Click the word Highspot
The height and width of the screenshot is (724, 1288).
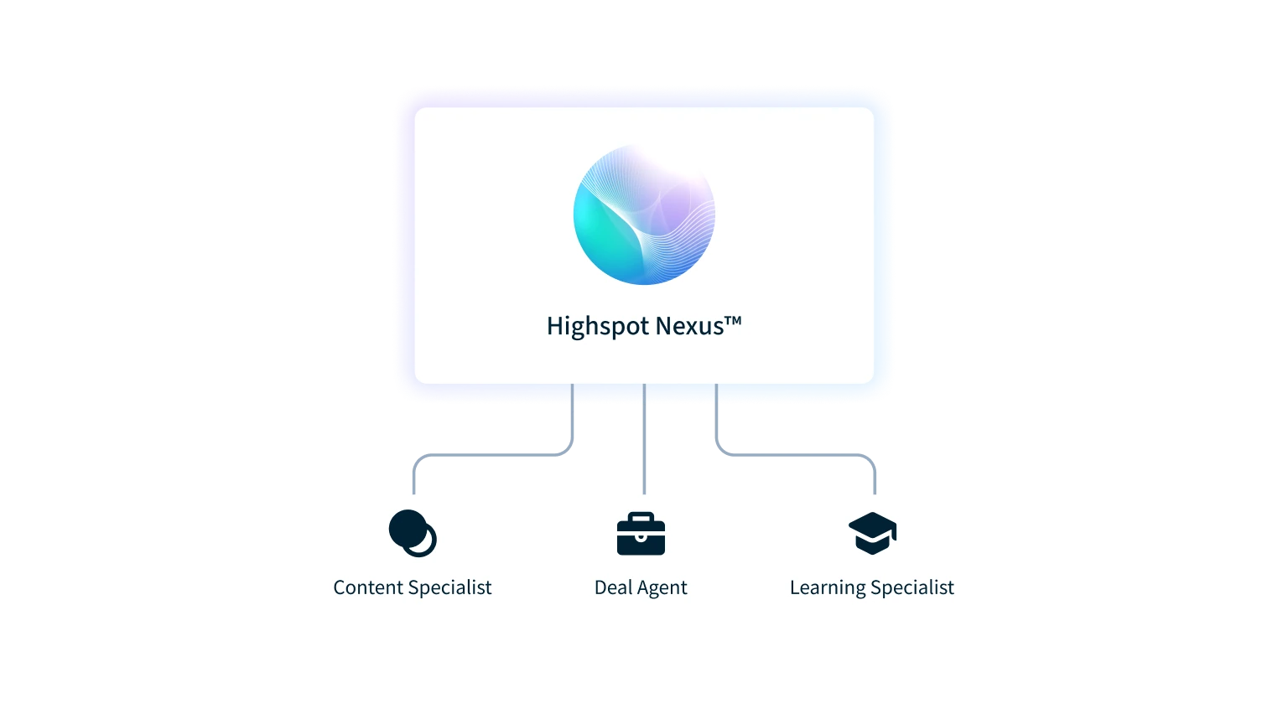(x=597, y=326)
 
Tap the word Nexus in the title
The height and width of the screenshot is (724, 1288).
(x=688, y=326)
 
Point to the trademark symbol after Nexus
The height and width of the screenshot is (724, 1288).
(x=732, y=320)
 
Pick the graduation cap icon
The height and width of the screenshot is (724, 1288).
(x=872, y=533)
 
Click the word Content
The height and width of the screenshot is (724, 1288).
(x=369, y=587)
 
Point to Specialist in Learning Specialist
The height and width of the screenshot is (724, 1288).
(x=913, y=587)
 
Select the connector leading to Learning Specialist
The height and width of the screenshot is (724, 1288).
(x=797, y=458)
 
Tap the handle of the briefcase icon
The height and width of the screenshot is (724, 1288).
(x=641, y=516)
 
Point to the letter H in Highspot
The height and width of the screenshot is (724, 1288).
(x=554, y=326)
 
